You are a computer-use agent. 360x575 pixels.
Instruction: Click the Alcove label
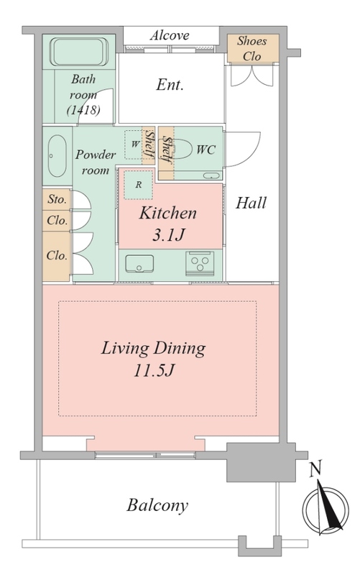click(x=170, y=35)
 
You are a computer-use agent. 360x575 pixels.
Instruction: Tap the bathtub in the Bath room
click(x=79, y=52)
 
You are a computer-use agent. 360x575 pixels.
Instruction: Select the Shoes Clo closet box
click(x=253, y=48)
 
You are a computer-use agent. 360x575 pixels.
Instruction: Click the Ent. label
click(x=170, y=85)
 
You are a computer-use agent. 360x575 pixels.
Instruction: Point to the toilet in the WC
click(x=181, y=149)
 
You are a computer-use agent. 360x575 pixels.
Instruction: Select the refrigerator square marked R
click(x=138, y=185)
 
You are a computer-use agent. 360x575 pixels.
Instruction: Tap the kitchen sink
click(x=139, y=264)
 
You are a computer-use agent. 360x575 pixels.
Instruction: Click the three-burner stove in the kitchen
click(x=200, y=263)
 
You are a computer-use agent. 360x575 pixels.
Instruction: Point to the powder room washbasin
click(x=57, y=156)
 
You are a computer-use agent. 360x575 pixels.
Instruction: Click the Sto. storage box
click(x=57, y=200)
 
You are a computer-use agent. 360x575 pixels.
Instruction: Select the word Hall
click(x=251, y=203)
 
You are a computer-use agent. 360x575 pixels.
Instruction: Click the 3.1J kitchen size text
click(x=168, y=234)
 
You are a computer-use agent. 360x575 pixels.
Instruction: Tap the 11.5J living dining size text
click(x=153, y=369)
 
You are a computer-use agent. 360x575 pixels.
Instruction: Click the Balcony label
click(x=157, y=505)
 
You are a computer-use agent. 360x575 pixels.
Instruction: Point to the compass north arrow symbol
click(x=326, y=510)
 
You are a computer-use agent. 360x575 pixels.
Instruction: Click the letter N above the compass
click(x=315, y=470)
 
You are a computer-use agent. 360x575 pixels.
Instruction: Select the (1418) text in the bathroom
click(x=83, y=110)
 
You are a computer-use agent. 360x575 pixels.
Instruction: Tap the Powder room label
click(x=96, y=162)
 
